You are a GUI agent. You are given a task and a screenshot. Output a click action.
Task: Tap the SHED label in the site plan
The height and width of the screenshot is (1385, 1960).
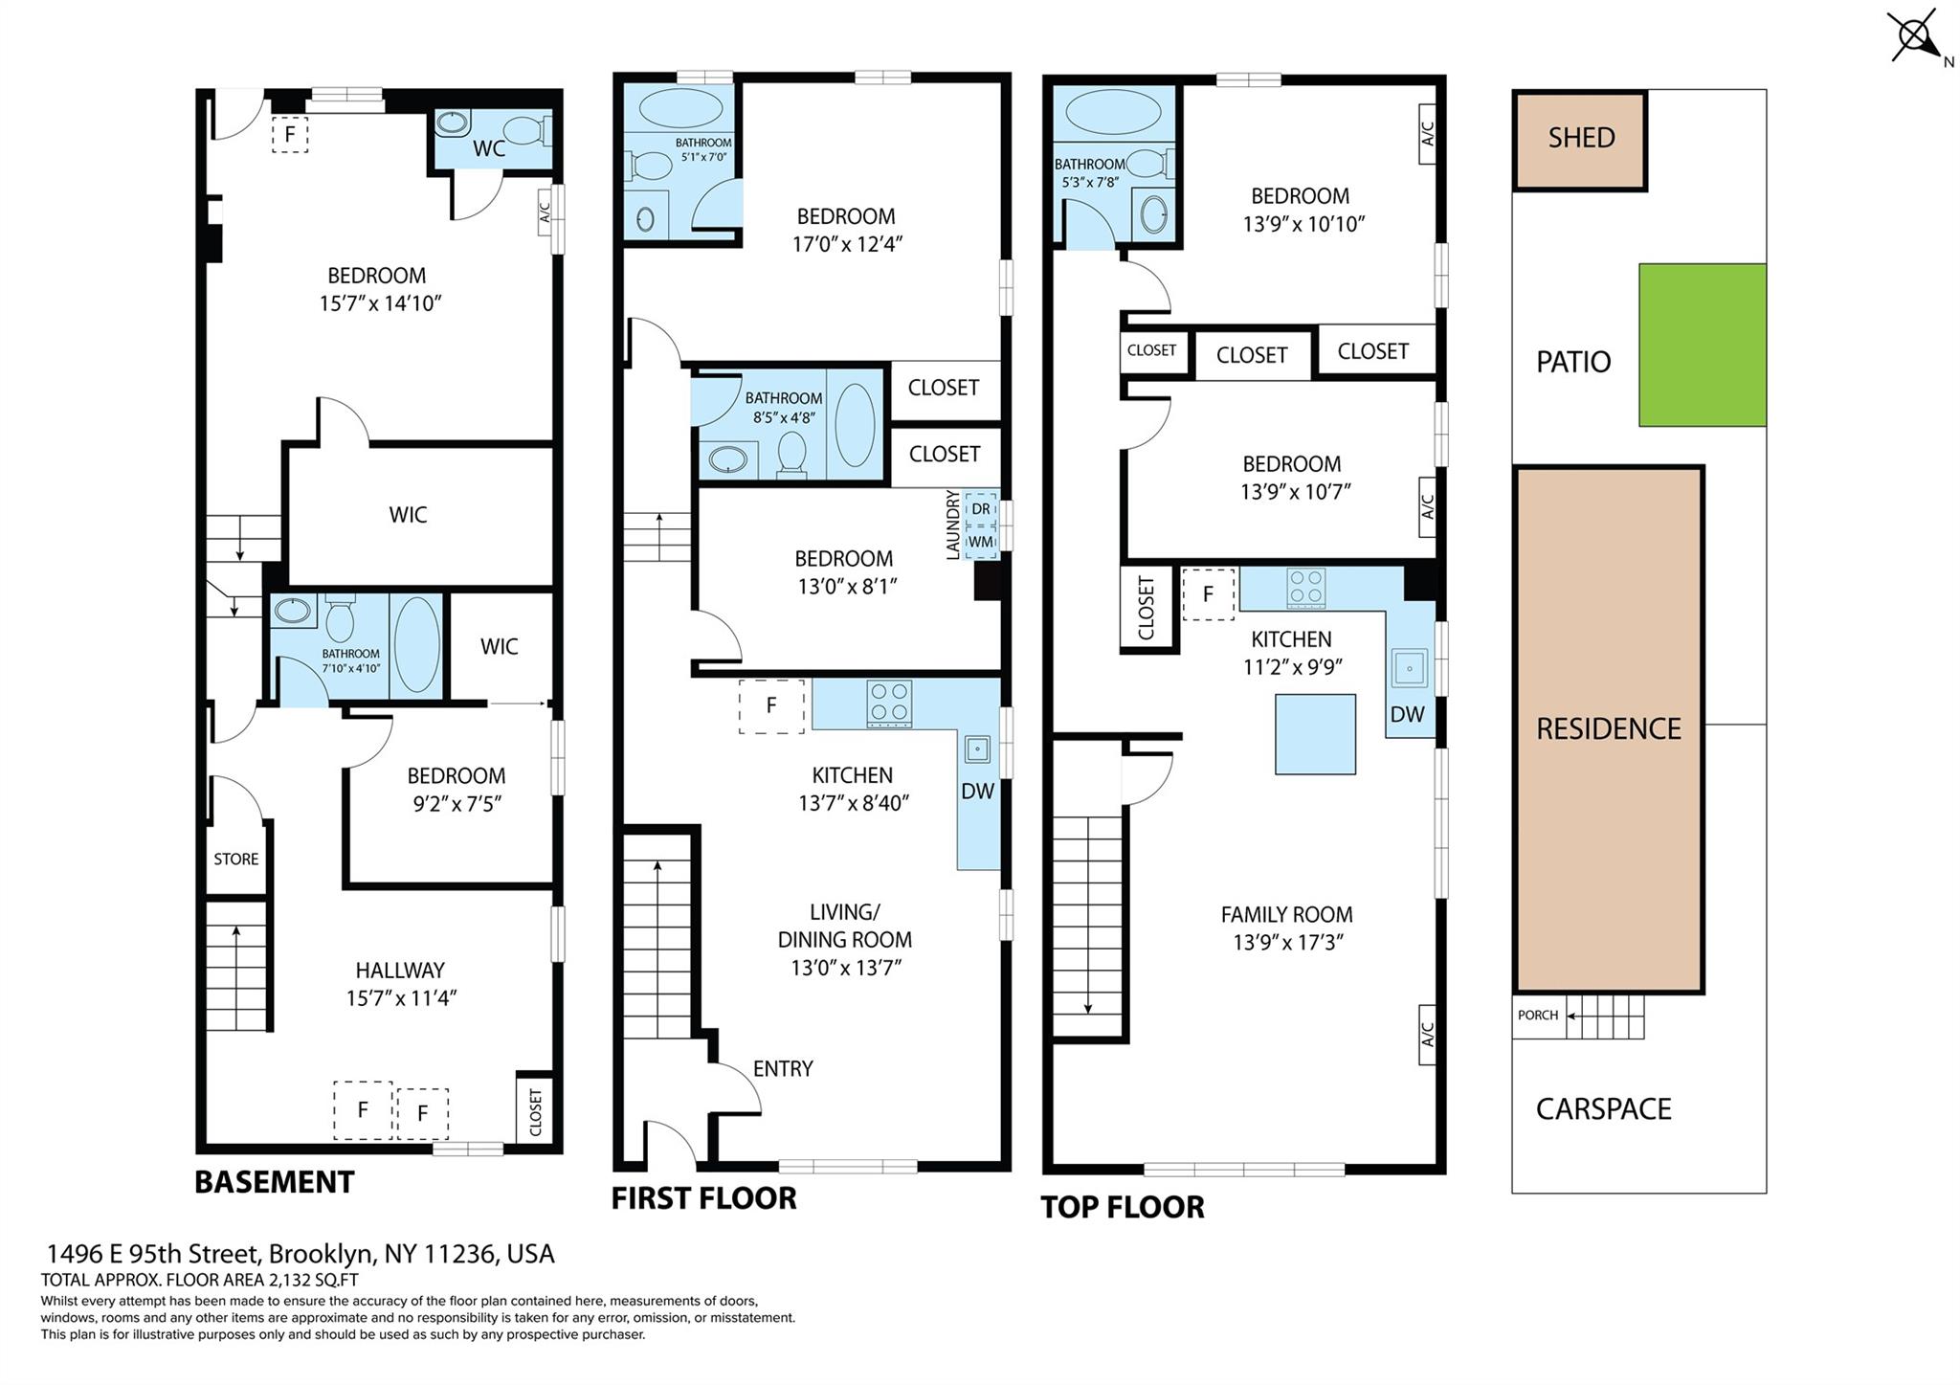point(1581,138)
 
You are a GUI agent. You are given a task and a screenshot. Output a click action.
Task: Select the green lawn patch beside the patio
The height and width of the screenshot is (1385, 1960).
point(1702,345)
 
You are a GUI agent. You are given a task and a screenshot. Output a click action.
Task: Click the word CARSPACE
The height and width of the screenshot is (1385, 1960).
point(1603,1108)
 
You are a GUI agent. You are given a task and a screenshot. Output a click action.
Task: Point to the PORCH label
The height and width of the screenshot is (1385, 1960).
point(1537,1015)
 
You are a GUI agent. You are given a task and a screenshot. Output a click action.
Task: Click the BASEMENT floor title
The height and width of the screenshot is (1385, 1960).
point(274,1182)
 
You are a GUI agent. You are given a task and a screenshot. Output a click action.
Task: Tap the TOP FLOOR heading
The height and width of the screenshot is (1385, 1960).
point(1122,1207)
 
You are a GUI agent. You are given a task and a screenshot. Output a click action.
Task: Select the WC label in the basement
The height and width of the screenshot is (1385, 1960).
point(489,149)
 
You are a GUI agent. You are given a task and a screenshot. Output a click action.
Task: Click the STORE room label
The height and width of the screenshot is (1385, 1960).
point(235,859)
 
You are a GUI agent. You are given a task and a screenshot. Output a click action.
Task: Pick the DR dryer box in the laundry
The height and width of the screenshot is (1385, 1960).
point(981,509)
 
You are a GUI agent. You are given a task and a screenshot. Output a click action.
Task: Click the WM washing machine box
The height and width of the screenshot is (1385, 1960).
point(981,541)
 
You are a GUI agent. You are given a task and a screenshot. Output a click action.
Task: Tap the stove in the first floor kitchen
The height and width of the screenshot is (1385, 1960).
point(888,704)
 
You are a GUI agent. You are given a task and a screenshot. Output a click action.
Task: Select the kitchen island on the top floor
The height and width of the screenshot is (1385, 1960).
point(1315,734)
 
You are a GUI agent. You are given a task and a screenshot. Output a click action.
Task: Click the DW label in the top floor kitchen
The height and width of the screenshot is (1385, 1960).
point(1407,714)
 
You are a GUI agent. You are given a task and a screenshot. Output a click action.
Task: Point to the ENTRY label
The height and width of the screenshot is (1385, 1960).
point(783,1068)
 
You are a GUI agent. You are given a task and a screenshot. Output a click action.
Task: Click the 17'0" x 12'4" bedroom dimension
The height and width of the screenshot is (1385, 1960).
point(847,244)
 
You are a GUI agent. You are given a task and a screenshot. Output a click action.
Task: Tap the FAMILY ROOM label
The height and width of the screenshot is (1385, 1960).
point(1286,914)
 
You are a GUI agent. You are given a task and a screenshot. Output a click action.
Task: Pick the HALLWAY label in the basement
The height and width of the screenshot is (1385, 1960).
point(400,970)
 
